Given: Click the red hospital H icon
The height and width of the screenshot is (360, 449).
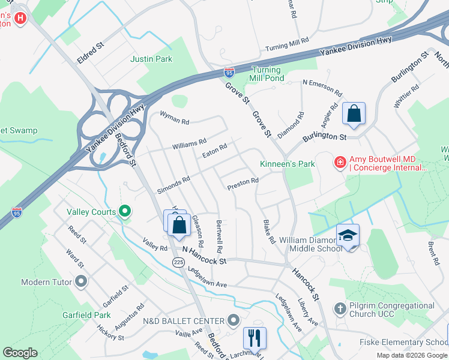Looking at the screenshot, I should click(21, 18).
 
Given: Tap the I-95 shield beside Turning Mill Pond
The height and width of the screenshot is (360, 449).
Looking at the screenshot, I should click(229, 72).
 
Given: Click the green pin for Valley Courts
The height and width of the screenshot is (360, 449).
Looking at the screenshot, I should click(125, 211).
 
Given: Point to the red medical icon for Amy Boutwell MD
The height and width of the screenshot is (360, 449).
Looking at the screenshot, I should click(340, 162).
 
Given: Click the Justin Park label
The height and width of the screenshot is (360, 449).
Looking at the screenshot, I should click(151, 59).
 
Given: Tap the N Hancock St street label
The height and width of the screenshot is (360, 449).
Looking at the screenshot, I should click(204, 257).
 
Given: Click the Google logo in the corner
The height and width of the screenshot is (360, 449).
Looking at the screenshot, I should click(20, 353).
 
